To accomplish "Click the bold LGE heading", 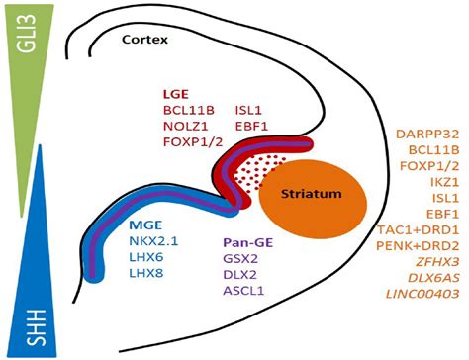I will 176,92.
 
